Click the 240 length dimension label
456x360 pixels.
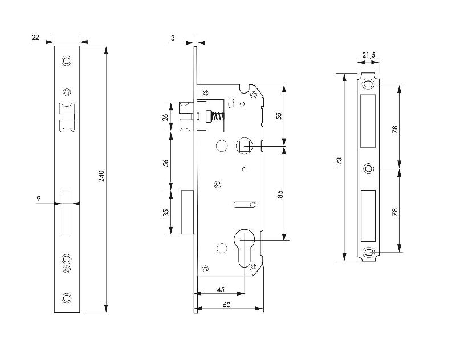pos(101,177)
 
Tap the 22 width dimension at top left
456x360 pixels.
pos(35,37)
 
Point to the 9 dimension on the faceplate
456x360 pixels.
pos(39,198)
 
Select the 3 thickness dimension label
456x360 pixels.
pos(172,38)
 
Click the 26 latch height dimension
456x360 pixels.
pos(165,117)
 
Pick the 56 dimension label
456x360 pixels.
pos(165,162)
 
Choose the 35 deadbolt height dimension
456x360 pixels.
pos(165,213)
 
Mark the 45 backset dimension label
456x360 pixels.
pos(220,289)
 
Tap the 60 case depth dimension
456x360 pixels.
pos(227,305)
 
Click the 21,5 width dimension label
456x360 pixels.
pos(369,55)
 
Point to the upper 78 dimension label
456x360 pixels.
pos(394,128)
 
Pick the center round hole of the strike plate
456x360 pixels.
pos(369,169)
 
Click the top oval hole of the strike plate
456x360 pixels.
pos(369,85)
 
